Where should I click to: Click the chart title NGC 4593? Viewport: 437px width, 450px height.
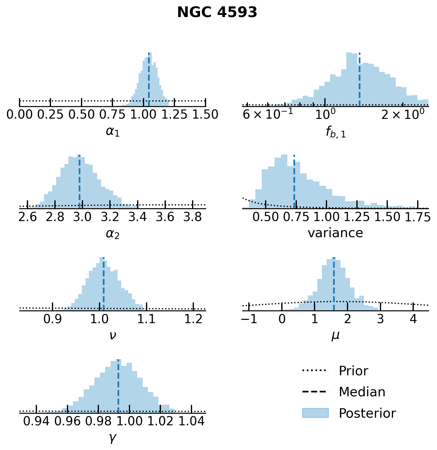click(217, 12)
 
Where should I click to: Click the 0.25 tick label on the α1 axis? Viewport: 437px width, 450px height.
click(50, 115)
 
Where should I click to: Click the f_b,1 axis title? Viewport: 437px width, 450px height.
click(335, 132)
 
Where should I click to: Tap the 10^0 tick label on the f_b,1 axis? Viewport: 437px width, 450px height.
click(325, 115)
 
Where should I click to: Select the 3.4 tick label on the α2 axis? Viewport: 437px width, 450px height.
click(138, 217)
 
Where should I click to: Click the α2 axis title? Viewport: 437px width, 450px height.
click(112, 234)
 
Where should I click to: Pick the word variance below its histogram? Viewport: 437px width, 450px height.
click(335, 233)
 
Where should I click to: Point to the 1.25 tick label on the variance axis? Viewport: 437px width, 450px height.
click(357, 217)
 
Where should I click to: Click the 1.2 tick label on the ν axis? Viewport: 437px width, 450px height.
click(193, 319)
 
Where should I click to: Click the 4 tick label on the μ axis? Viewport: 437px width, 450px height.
click(413, 319)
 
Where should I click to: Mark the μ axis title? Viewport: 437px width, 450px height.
click(335, 336)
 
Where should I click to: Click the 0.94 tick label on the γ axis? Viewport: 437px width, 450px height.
click(37, 421)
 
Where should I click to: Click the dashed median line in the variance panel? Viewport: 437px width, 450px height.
click(294, 183)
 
